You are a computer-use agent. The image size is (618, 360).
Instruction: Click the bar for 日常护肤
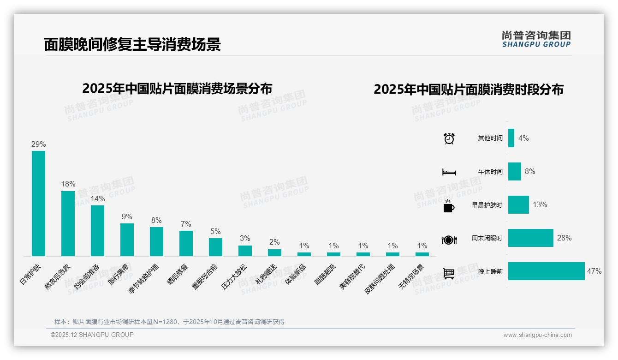(38, 204)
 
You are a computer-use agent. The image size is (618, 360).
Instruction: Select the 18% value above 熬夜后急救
(68, 184)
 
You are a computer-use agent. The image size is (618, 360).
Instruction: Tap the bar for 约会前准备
(97, 231)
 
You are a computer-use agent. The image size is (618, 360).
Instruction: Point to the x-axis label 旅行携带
(119, 276)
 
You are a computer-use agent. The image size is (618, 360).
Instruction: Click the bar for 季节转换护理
(156, 241)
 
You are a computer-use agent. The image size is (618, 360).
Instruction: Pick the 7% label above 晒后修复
(186, 224)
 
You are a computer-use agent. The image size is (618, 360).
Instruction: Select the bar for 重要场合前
(215, 247)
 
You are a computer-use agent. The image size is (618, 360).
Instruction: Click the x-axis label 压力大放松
(235, 276)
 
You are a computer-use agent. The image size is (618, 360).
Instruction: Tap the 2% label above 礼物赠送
(274, 242)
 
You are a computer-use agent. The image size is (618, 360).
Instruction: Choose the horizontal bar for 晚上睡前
(547, 271)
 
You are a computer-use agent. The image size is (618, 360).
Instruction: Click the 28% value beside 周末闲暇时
(564, 238)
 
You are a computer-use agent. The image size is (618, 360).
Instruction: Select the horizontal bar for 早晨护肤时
(518, 205)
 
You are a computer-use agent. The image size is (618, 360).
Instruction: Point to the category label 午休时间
(490, 172)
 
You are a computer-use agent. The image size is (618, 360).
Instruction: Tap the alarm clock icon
(449, 138)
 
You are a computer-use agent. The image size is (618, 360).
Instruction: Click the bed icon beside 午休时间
(449, 172)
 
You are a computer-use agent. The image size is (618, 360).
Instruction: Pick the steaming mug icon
(449, 206)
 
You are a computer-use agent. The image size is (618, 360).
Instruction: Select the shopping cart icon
(449, 273)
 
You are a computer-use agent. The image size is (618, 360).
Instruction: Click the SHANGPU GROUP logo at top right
(536, 39)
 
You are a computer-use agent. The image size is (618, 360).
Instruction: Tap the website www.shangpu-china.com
(537, 335)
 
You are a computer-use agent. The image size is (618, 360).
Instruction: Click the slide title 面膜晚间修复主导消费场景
(132, 44)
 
